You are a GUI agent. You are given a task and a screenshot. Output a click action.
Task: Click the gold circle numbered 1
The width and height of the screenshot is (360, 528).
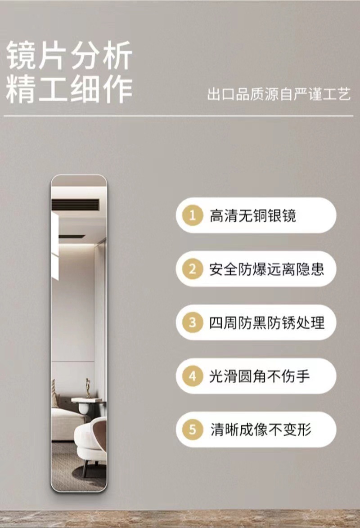pos(193,215)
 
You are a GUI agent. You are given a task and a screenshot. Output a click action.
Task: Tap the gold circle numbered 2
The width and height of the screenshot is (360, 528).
pos(193,269)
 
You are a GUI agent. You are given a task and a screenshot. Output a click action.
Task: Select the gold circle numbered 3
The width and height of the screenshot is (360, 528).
pos(193,322)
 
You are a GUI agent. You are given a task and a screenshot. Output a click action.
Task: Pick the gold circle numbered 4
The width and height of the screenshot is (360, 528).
pos(193,376)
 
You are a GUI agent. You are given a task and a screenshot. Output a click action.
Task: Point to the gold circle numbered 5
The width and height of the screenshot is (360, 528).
pos(193,430)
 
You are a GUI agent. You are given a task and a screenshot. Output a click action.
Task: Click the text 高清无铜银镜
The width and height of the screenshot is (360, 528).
pos(253,215)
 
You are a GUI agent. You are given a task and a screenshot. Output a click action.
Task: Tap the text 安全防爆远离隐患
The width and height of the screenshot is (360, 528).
pos(266,269)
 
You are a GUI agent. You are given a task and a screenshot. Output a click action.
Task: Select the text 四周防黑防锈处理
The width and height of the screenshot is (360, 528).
pos(266,322)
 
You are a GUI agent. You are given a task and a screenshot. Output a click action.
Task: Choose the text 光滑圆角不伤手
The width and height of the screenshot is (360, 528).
pos(260,376)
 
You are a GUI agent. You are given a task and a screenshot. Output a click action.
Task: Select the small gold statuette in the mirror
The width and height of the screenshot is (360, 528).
pos(88,388)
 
